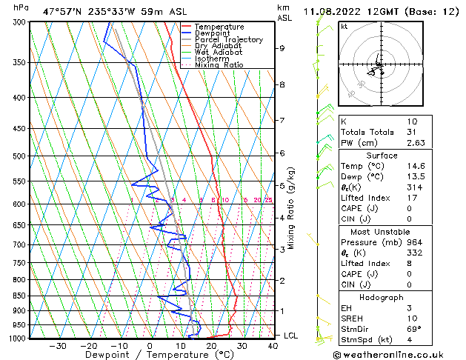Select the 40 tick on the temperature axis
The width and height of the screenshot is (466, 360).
273,346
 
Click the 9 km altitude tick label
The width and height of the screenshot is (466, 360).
282,48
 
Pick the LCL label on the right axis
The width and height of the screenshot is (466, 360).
292,336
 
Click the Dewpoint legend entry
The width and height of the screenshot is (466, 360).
212,33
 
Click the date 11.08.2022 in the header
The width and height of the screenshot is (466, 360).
333,11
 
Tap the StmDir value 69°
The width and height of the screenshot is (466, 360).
414,329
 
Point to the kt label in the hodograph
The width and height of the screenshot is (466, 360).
344,26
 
